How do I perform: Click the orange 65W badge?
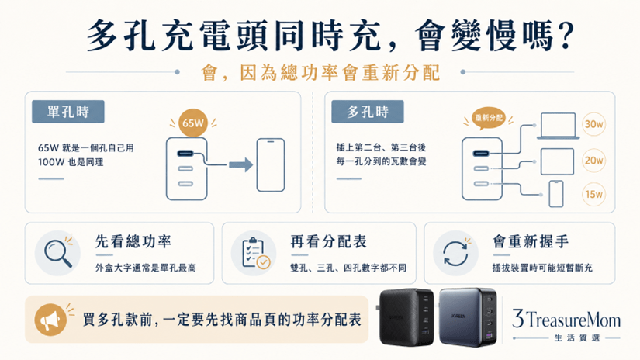(192, 123)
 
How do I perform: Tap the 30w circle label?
(593, 124)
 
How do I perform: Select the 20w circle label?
(593, 160)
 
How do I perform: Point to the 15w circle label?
(593, 194)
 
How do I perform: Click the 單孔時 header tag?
(68, 112)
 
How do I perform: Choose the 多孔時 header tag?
(368, 112)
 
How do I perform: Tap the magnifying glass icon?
(58, 253)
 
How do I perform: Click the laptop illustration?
(558, 126)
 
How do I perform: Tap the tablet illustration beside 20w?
(557, 161)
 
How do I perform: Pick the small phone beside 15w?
(556, 194)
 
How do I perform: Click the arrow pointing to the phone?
(240, 165)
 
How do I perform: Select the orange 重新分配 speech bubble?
(488, 119)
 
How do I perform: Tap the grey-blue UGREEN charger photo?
(469, 317)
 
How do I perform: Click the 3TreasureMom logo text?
(566, 319)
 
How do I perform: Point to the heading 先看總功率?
(133, 241)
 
